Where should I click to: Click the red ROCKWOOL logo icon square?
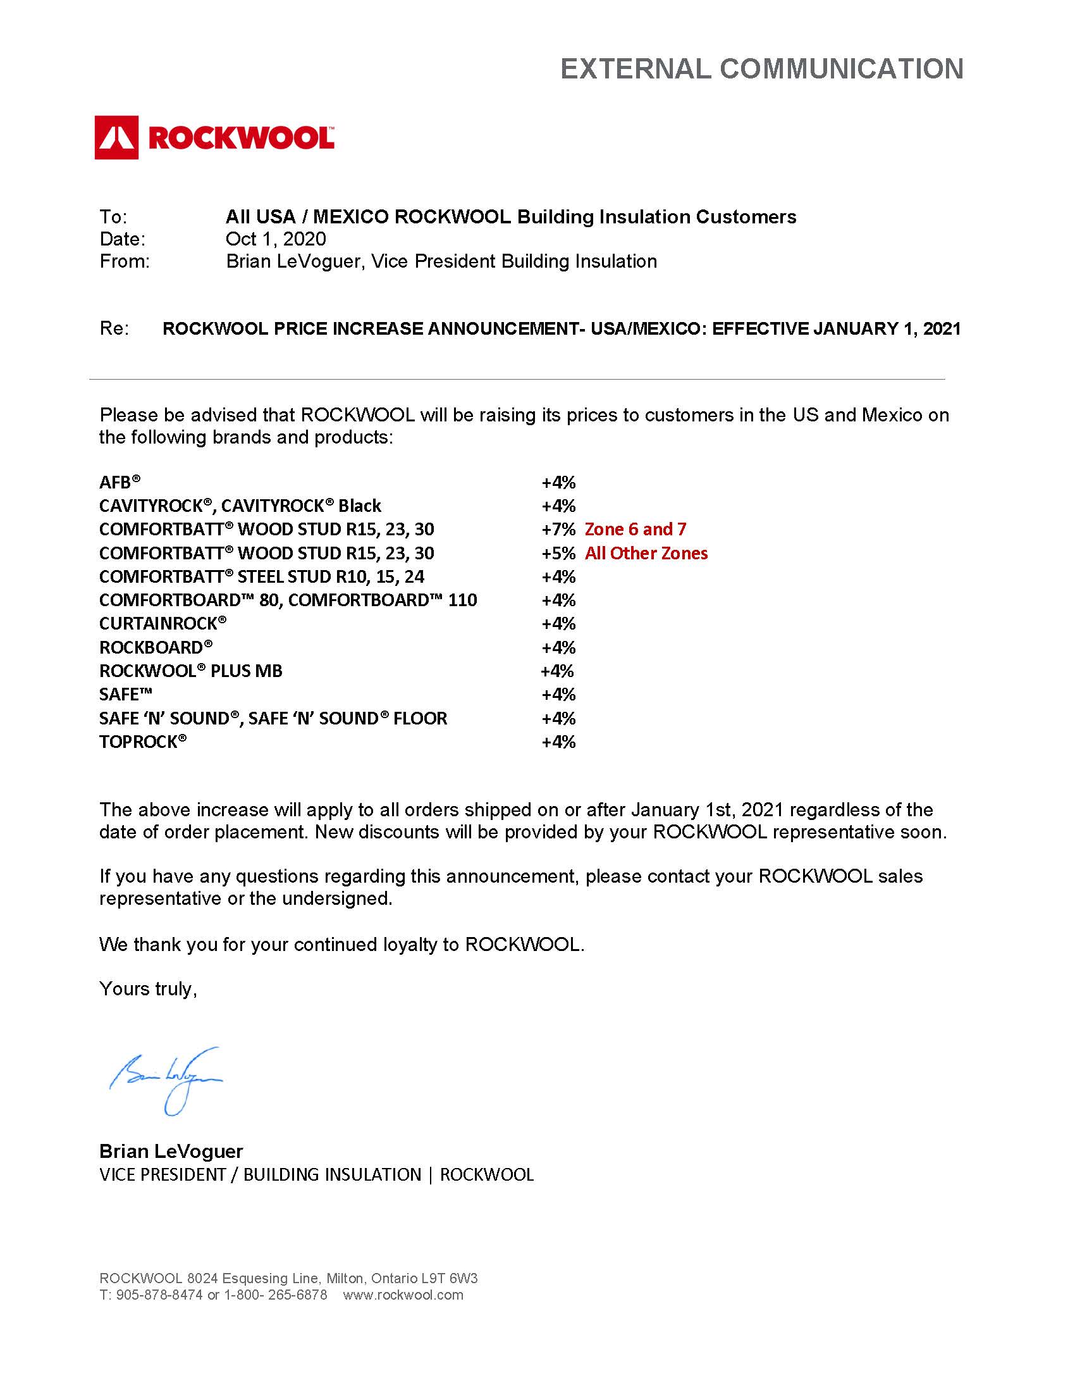click(x=116, y=137)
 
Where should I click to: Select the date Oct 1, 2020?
click(x=275, y=239)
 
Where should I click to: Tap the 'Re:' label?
click(x=114, y=328)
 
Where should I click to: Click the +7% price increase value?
click(x=558, y=529)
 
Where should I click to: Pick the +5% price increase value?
click(x=558, y=553)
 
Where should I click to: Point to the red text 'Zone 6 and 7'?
click(x=635, y=529)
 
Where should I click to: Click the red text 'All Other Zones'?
click(x=646, y=553)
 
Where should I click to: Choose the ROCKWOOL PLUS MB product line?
click(x=190, y=671)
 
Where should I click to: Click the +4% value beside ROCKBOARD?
click(x=558, y=647)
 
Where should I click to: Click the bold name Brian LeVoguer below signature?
click(x=171, y=1151)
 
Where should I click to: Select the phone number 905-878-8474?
click(x=159, y=1295)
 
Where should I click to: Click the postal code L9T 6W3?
click(x=450, y=1278)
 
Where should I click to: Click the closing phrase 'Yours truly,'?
click(x=148, y=988)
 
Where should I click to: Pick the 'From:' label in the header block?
click(x=124, y=261)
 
